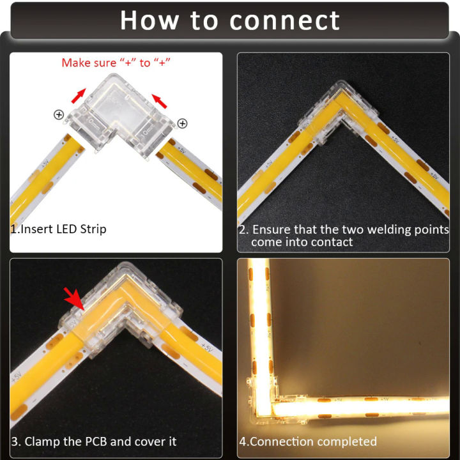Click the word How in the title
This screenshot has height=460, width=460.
tap(148, 20)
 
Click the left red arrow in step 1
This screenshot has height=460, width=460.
tap(79, 96)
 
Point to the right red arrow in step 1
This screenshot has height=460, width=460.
tap(161, 99)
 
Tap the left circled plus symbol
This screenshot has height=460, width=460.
tap(59, 115)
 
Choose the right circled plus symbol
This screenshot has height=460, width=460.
tap(182, 123)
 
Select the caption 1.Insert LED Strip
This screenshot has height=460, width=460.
tap(58, 229)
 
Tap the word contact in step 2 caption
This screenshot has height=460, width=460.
tap(330, 242)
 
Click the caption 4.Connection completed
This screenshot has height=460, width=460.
tap(308, 441)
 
